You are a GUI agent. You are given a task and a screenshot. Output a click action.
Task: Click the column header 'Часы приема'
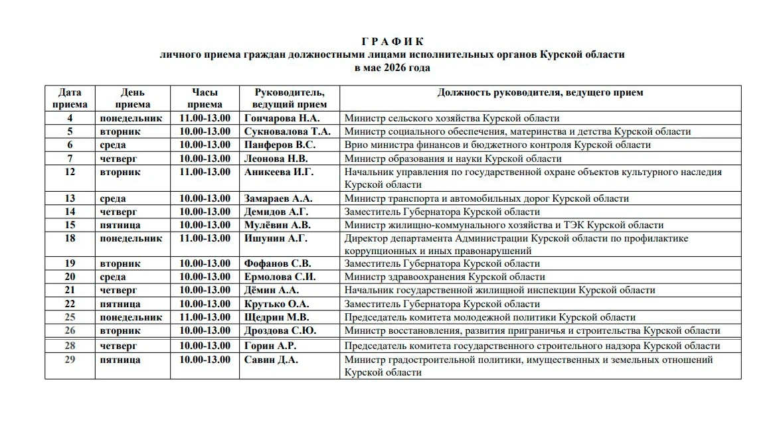pos(205,98)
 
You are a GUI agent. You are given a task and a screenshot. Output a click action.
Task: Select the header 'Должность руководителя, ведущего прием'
pos(540,93)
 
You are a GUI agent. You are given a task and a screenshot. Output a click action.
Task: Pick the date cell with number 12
pos(70,172)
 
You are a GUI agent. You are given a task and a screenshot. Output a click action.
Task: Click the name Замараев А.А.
pos(278,198)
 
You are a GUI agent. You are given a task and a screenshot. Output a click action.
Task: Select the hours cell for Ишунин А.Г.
pos(205,238)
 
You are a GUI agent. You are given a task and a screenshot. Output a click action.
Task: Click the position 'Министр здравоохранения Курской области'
pos(444,277)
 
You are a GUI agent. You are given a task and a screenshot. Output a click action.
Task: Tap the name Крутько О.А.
pos(276,304)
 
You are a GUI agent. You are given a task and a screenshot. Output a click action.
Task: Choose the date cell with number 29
pos(70,360)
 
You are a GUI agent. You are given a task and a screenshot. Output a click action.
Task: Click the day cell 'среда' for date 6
pos(113,145)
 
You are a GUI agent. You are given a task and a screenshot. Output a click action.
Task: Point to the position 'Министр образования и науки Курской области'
pos(453,159)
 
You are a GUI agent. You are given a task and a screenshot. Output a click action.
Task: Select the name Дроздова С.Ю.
pos(280,330)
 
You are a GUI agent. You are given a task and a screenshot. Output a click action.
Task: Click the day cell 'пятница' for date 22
pos(120,304)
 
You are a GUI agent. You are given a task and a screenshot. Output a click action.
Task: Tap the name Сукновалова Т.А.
pos(287,131)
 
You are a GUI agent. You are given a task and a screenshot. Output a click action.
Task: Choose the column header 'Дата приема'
pos(70,98)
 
